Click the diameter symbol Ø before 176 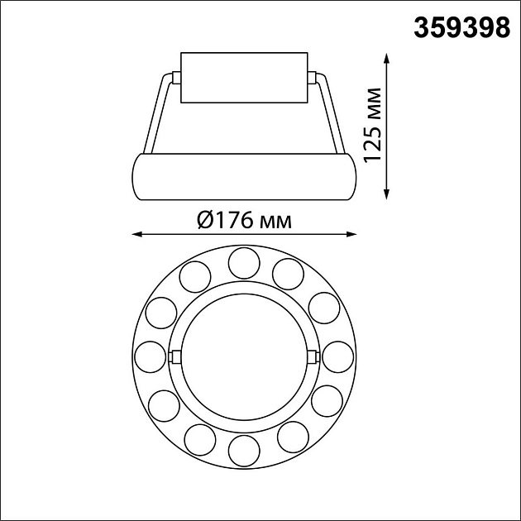tap(207, 221)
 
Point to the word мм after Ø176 tap(275, 222)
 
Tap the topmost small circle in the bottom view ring tap(244, 262)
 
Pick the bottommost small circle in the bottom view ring tap(244, 451)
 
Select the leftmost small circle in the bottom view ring tap(150, 356)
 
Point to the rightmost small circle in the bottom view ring tap(338, 356)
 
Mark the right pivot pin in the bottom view tap(315, 356)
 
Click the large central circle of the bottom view tap(244, 356)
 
